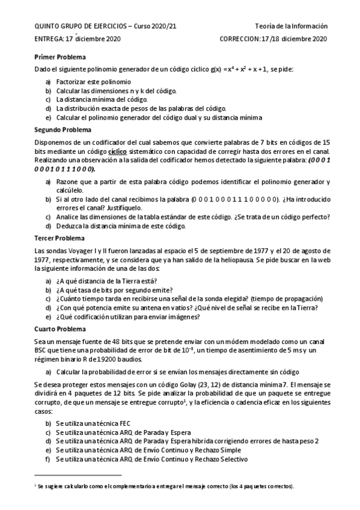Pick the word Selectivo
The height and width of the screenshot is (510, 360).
pos(226,459)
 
